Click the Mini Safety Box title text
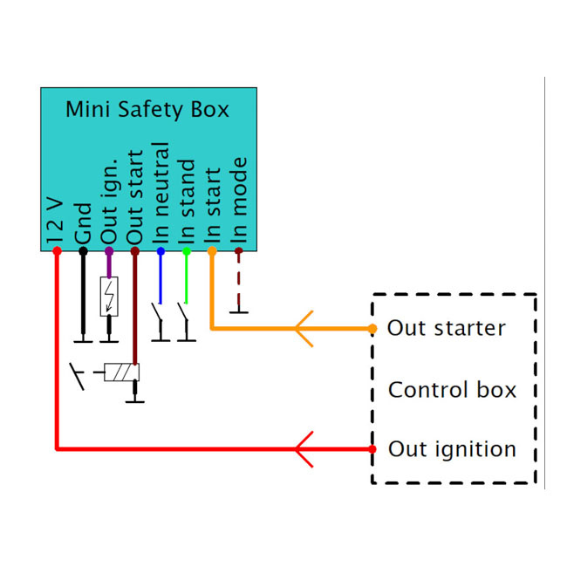click(x=147, y=110)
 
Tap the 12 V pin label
click(x=55, y=219)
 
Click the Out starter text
click(x=446, y=329)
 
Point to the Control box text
click(x=452, y=389)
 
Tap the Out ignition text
click(x=452, y=449)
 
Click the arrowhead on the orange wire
click(x=303, y=329)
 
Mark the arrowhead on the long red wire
click(x=303, y=449)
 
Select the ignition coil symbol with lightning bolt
click(x=109, y=296)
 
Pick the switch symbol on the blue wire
click(x=159, y=313)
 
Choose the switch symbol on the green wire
click(x=185, y=313)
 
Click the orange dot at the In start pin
click(x=212, y=251)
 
